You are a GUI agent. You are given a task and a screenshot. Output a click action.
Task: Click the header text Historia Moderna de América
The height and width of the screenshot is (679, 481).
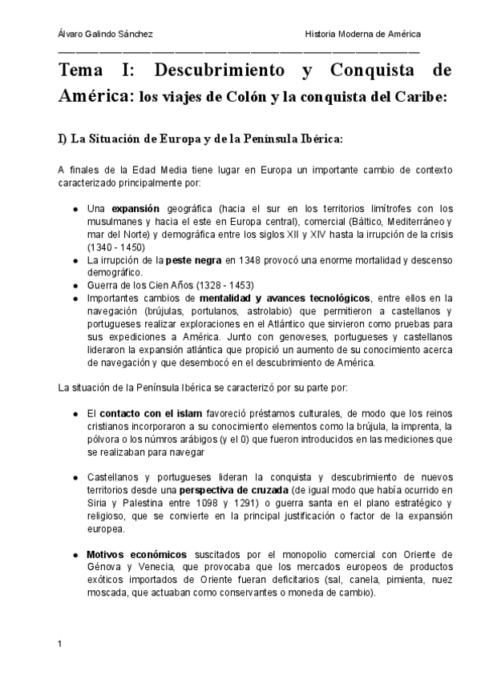362,34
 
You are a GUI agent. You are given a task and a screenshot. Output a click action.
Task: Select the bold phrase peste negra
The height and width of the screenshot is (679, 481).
192,260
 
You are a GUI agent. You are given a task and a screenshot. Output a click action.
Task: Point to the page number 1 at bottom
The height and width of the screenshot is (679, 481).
60,644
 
